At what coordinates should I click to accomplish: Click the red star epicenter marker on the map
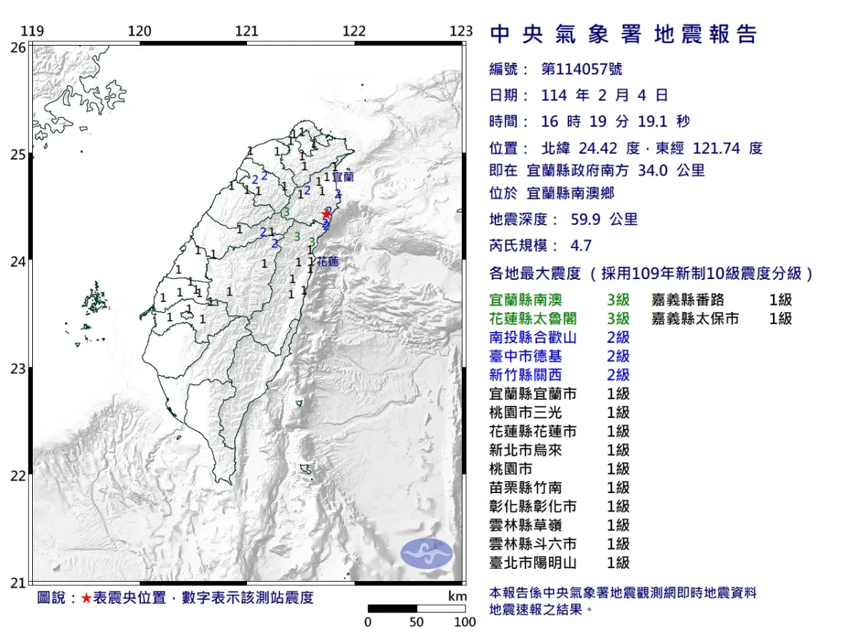coord(326,213)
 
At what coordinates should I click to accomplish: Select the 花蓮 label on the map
coord(327,262)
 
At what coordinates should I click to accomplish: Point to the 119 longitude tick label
coord(32,31)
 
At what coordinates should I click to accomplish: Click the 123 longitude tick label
coord(462,31)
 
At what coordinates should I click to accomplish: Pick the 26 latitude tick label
coord(19,47)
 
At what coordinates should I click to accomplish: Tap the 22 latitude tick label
coord(19,476)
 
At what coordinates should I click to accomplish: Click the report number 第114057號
coord(581,69)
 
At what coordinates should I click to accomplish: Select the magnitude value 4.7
coord(581,245)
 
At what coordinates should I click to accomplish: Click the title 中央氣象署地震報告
coord(623,34)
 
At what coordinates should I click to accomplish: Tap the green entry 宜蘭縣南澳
coord(533,300)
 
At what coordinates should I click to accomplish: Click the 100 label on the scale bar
coord(465,622)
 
